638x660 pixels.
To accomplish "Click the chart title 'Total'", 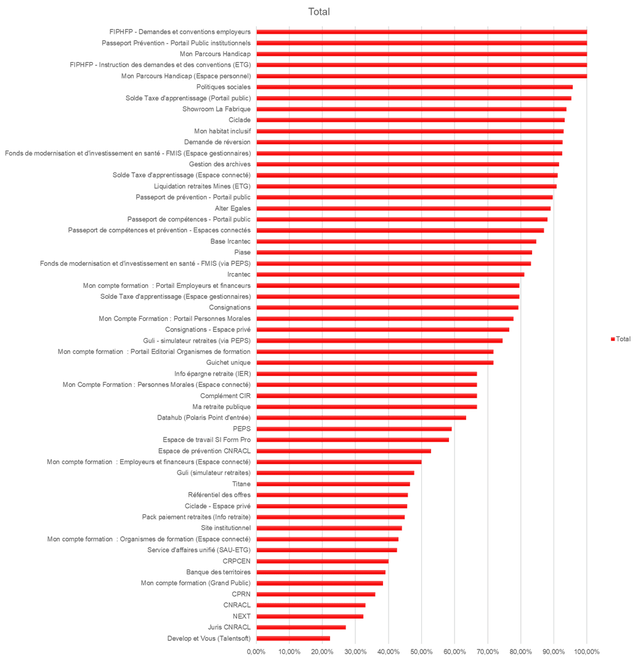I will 319,12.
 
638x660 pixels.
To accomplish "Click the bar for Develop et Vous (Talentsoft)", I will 294,638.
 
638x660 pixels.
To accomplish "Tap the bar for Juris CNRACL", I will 301,627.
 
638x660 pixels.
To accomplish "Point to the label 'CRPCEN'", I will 236,561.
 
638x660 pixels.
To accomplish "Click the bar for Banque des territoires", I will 321,572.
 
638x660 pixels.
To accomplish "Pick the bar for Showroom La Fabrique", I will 411,110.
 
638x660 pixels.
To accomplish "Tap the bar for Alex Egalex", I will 404,208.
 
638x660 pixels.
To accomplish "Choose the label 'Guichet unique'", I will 228,362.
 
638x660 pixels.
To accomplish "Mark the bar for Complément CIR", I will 367,396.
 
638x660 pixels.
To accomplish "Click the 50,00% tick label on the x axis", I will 421,651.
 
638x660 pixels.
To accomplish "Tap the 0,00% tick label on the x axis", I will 256,651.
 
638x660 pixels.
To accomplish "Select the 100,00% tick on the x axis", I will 586,651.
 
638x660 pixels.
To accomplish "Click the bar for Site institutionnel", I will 329,528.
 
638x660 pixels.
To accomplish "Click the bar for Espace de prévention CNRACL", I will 344,451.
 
